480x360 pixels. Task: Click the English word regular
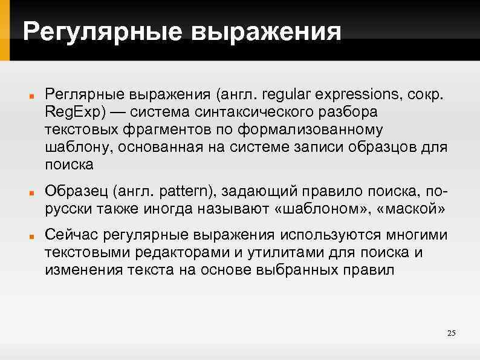(x=279, y=95)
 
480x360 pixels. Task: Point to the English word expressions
(x=352, y=95)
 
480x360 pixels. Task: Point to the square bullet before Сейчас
(x=30, y=235)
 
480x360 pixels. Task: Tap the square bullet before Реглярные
(x=30, y=96)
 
